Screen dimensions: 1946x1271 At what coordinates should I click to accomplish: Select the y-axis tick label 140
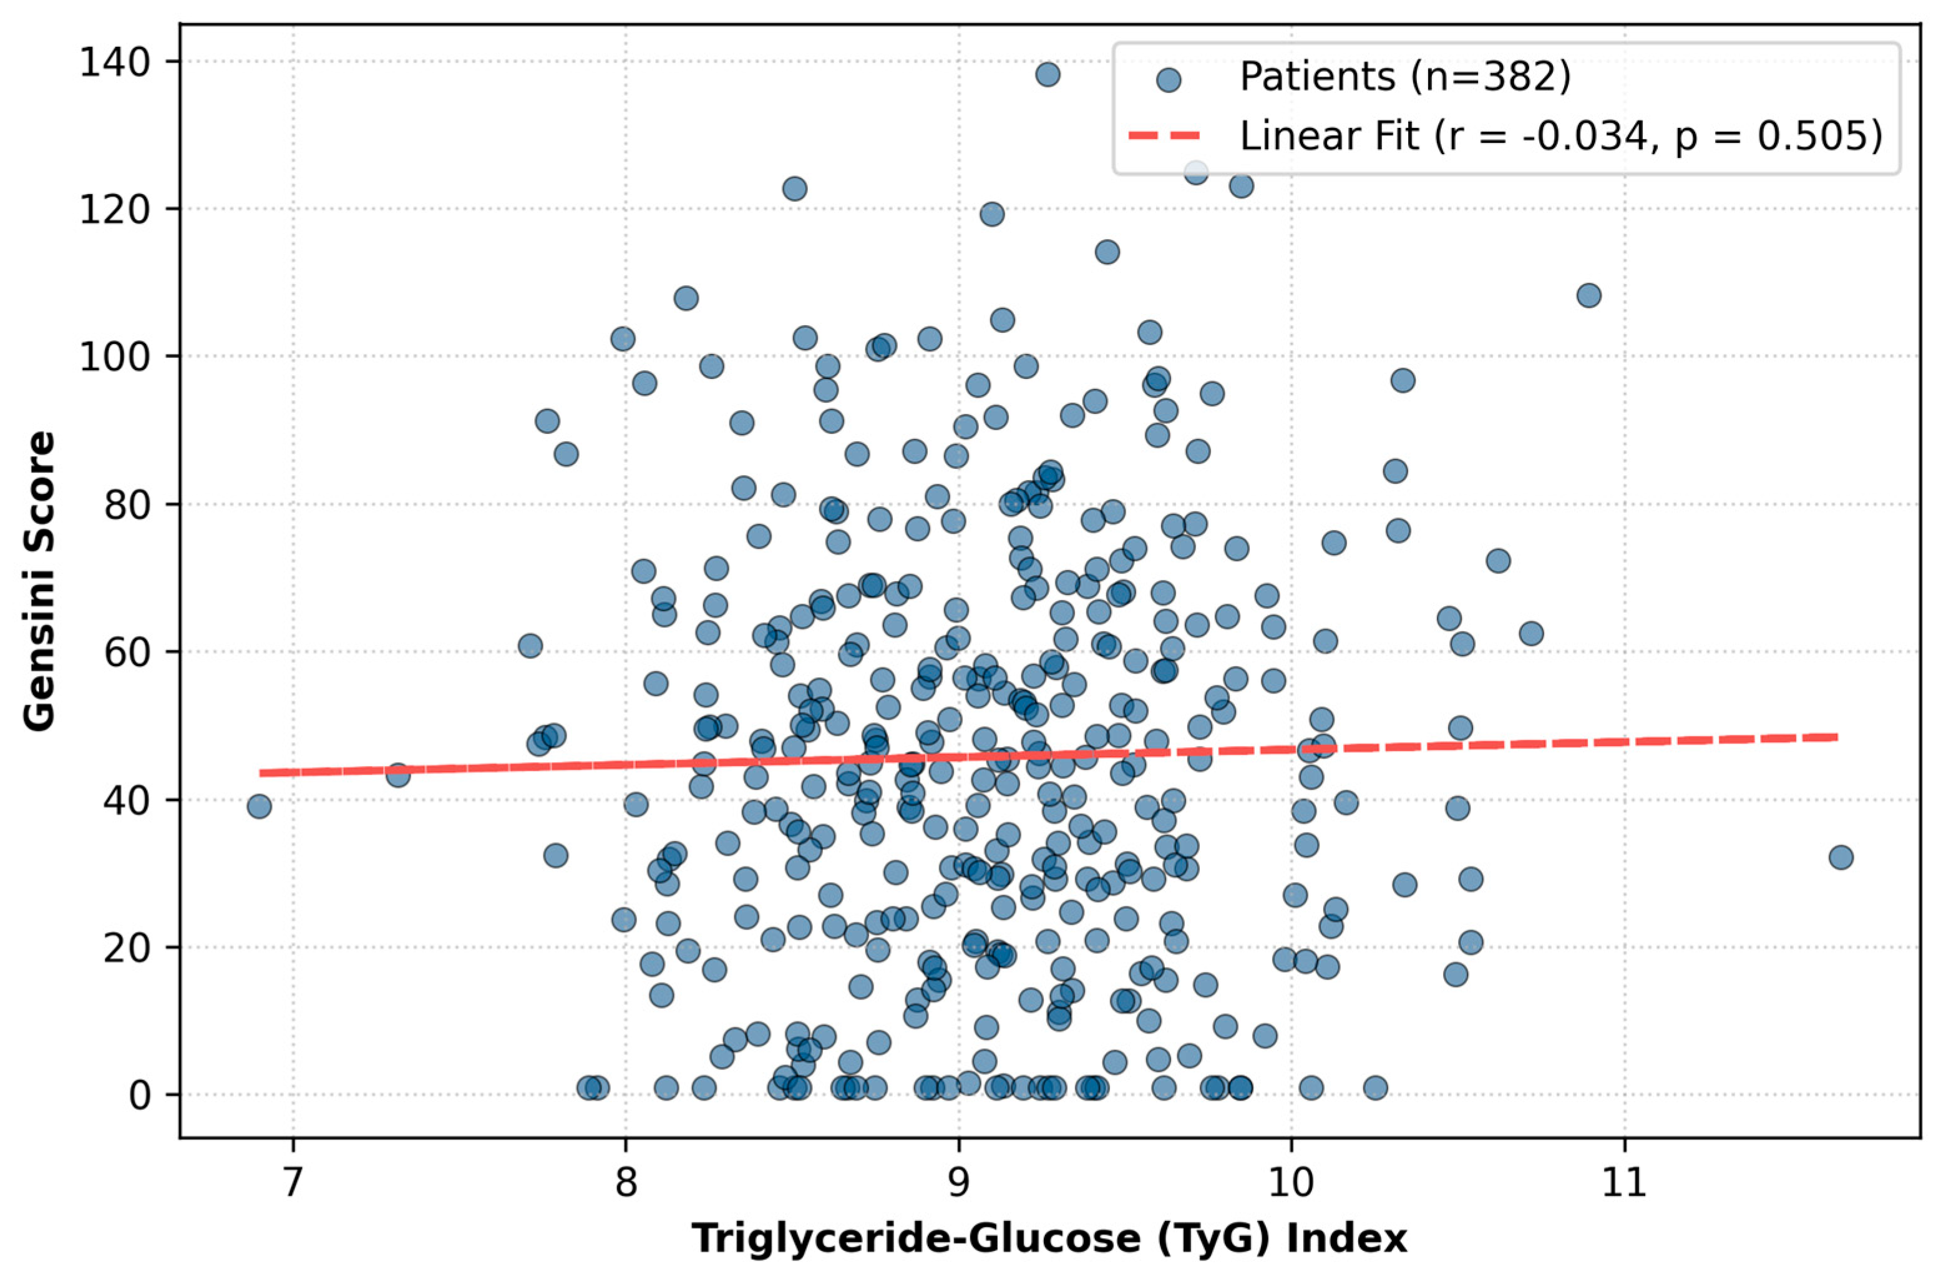pos(119,62)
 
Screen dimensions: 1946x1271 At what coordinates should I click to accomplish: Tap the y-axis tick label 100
pos(119,358)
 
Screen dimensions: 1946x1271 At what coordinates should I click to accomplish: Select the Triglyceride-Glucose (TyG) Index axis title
pos(1050,1237)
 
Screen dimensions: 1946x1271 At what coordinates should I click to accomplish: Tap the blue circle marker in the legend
pos(1169,79)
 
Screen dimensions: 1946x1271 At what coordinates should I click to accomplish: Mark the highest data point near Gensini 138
pos(1048,74)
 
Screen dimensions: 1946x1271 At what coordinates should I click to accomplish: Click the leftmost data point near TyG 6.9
pos(259,807)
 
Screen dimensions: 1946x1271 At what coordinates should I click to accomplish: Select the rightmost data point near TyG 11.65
pos(1841,857)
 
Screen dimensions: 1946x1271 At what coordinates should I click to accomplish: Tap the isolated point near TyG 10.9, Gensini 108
pos(1588,295)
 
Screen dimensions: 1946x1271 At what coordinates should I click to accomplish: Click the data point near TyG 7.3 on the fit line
pos(398,775)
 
